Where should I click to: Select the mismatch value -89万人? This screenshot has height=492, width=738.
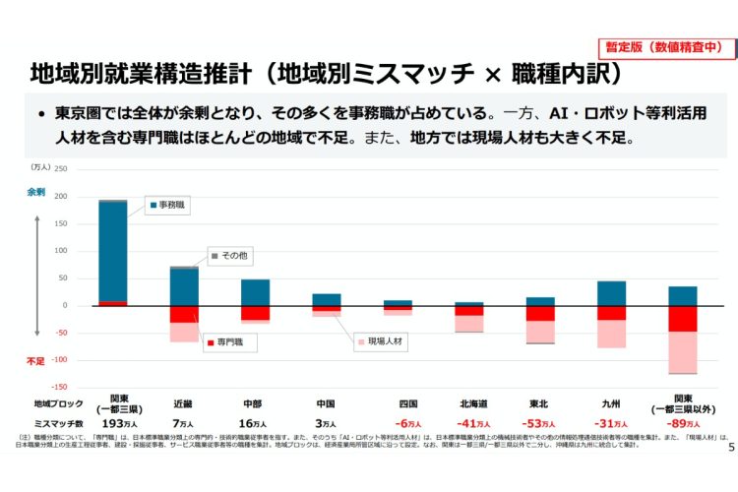click(x=683, y=423)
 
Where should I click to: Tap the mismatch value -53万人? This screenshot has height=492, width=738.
click(x=540, y=423)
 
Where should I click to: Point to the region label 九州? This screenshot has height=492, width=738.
click(x=611, y=403)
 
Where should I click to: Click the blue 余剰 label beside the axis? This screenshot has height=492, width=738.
click(x=35, y=192)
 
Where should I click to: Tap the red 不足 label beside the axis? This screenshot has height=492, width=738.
click(x=35, y=361)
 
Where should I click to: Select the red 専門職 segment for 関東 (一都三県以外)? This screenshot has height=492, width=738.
click(x=683, y=318)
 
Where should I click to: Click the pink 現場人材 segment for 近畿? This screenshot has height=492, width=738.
click(x=184, y=332)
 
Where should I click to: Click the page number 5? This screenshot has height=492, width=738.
click(x=729, y=448)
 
